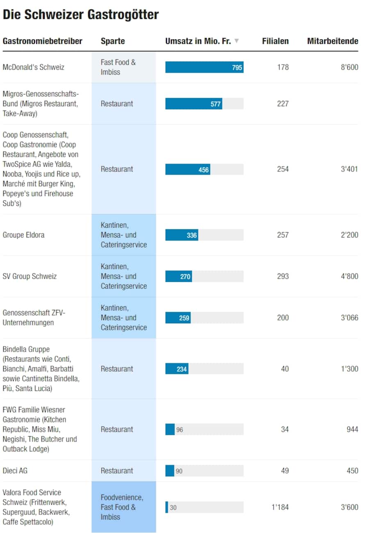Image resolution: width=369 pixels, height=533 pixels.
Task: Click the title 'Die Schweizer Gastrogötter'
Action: (x=81, y=15)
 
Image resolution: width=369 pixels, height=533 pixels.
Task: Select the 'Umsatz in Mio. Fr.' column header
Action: (x=198, y=41)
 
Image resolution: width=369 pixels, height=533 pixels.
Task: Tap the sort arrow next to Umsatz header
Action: (x=237, y=41)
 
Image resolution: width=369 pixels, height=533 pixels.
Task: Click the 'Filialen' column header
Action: (x=275, y=41)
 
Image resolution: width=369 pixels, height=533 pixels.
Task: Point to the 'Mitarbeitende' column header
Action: (x=333, y=41)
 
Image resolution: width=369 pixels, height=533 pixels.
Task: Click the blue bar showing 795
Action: (x=204, y=67)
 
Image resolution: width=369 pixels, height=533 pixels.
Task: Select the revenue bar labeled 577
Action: (x=194, y=104)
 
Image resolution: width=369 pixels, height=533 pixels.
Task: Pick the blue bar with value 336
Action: (x=182, y=235)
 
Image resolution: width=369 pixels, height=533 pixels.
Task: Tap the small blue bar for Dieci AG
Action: (x=170, y=471)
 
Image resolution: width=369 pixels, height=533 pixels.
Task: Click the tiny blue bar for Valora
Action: (x=167, y=507)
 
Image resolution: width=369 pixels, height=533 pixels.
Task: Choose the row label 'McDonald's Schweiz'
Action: (x=34, y=67)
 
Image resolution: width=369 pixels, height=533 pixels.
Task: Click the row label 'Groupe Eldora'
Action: (x=24, y=235)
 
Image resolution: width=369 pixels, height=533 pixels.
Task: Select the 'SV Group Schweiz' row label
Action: (x=30, y=276)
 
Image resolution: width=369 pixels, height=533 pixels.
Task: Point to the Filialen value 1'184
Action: (x=280, y=507)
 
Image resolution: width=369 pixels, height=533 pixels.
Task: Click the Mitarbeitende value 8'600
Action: (x=349, y=67)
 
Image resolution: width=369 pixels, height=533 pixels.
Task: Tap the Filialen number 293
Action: (x=282, y=276)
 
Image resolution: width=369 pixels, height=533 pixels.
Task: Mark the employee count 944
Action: (x=352, y=429)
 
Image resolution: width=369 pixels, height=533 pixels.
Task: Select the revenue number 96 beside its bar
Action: (x=180, y=430)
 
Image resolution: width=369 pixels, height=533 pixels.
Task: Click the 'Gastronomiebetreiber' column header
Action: (x=43, y=41)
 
